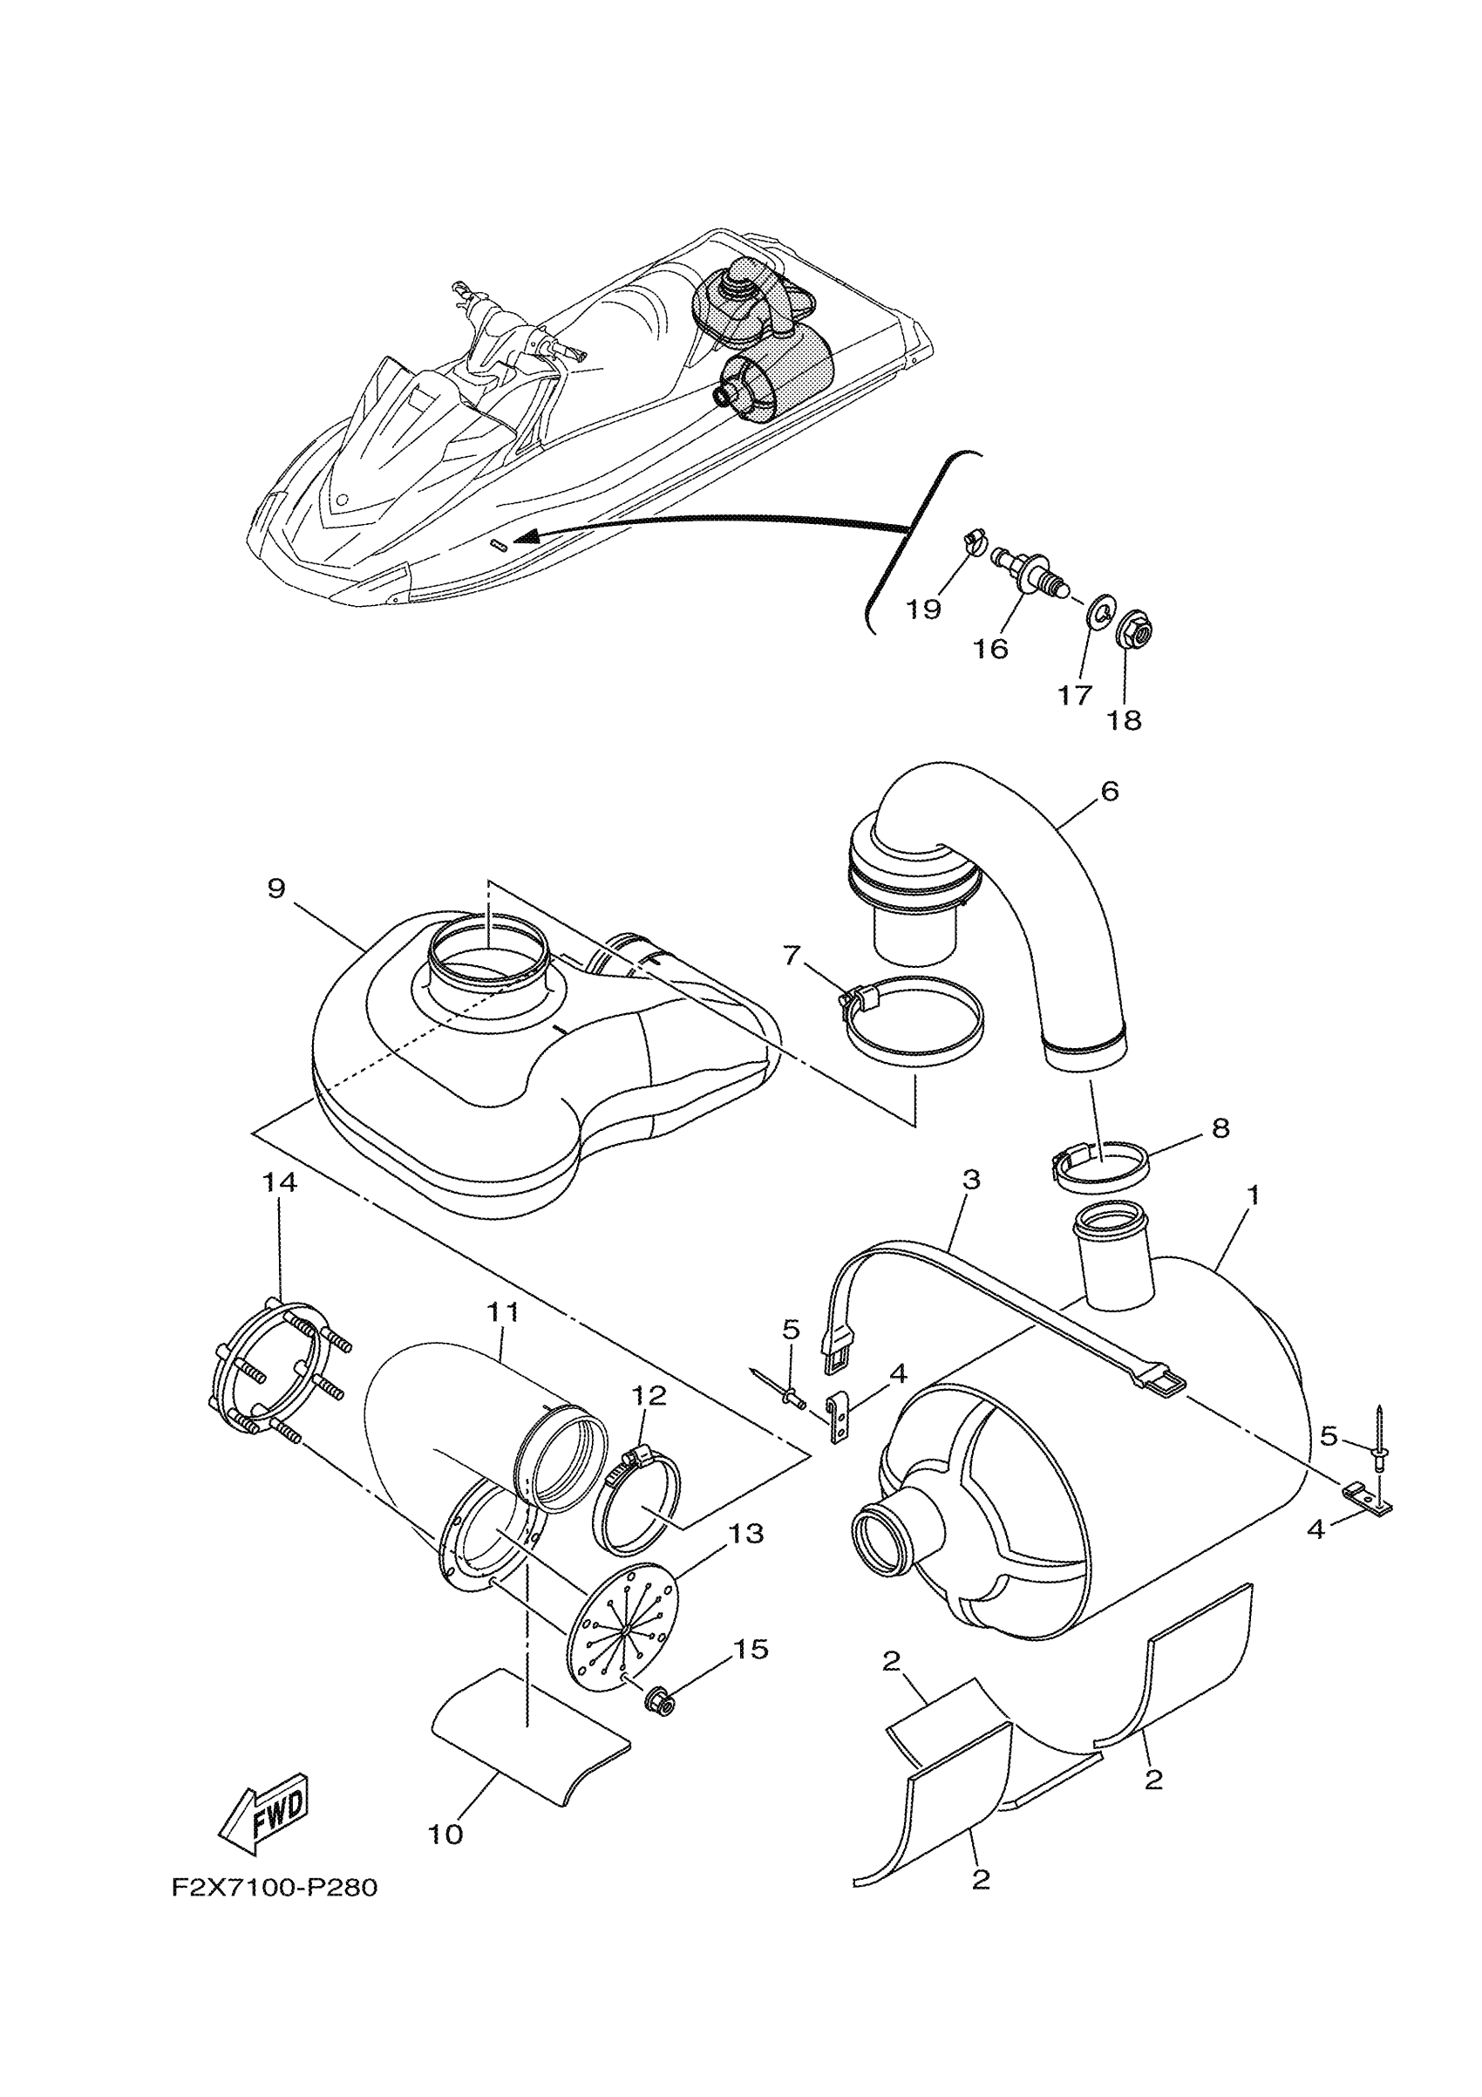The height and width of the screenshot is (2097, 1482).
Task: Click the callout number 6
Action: (x=1110, y=791)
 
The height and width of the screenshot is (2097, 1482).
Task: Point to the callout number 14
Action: (x=280, y=1181)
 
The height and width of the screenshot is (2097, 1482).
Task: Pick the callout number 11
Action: (x=502, y=1312)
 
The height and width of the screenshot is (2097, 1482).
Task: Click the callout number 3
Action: (x=970, y=1180)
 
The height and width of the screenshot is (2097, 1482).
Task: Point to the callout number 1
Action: (x=1254, y=1195)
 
